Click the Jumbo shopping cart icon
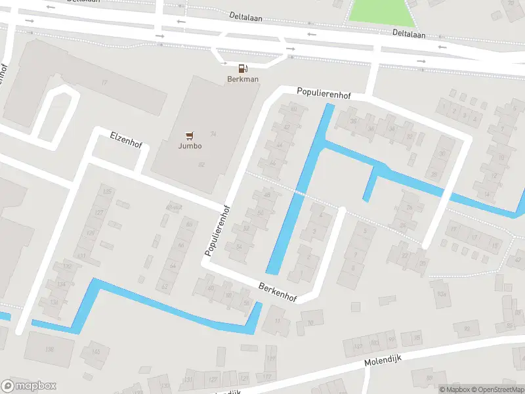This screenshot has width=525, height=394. [190, 136]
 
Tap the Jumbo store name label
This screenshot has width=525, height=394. [190, 146]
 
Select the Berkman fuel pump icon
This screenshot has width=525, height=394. [243, 68]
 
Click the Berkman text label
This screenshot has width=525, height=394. [243, 79]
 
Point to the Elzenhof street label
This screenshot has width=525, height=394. [125, 141]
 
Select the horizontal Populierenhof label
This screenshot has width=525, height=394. [324, 95]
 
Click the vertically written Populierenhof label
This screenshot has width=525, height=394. [217, 230]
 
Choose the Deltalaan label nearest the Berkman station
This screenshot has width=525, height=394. [246, 16]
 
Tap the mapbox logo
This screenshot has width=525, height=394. [29, 386]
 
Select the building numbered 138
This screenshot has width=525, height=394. [49, 349]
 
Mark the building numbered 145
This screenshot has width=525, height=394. [96, 353]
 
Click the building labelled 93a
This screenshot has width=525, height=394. [441, 294]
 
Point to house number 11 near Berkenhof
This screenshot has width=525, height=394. [278, 320]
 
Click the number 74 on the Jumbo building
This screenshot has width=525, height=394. [213, 133]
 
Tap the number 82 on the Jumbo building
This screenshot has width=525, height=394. [201, 164]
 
